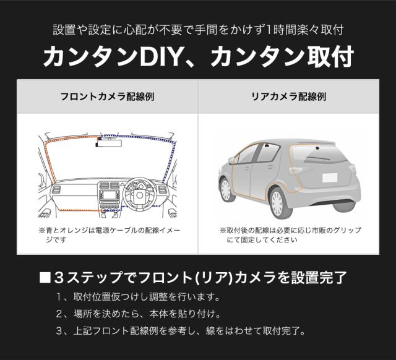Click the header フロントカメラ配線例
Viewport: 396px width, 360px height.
click(x=107, y=96)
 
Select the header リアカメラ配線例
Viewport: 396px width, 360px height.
click(x=289, y=96)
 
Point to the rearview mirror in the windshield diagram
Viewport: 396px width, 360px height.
click(x=109, y=143)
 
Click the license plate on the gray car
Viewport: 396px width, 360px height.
click(x=330, y=178)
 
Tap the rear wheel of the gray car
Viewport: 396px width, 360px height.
click(x=278, y=204)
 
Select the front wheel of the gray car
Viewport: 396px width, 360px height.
click(x=225, y=190)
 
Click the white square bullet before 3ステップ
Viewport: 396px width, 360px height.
click(x=45, y=278)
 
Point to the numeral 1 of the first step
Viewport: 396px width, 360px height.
click(x=59, y=297)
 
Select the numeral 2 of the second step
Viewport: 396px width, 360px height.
click(x=59, y=314)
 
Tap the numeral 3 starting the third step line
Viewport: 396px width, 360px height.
click(x=59, y=331)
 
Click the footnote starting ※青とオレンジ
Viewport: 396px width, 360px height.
click(x=109, y=235)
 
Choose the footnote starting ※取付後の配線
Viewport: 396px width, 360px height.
click(x=290, y=235)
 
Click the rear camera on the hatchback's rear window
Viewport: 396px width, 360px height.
click(x=317, y=148)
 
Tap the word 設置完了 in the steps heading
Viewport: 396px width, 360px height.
click(x=319, y=278)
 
